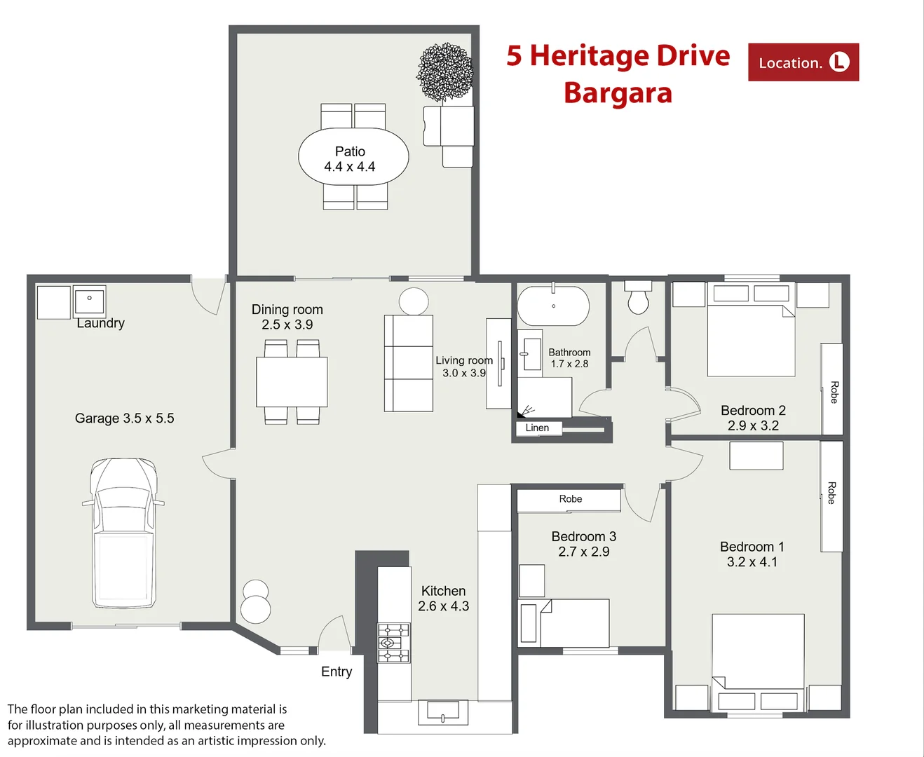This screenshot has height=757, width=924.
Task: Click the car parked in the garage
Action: [x=123, y=533]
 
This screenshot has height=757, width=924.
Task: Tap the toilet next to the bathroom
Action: [x=638, y=297]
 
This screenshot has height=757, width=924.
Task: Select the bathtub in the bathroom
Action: [x=553, y=306]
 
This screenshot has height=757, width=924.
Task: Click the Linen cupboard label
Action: [x=537, y=428]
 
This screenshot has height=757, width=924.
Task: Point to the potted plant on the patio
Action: [x=445, y=72]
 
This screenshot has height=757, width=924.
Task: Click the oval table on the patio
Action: [x=353, y=156]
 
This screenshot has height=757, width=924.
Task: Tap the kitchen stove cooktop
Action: [x=393, y=643]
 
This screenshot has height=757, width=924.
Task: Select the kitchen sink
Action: [x=443, y=712]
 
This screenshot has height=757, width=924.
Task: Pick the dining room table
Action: [x=292, y=382]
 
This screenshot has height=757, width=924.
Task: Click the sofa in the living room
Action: [x=408, y=363]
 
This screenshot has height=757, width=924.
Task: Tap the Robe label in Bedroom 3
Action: [x=571, y=498]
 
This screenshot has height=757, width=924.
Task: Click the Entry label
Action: [x=337, y=671]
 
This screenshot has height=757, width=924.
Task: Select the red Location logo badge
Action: [x=803, y=62]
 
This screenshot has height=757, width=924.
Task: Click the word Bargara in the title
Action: [x=618, y=93]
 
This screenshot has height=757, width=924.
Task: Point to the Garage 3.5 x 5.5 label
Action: [x=124, y=418]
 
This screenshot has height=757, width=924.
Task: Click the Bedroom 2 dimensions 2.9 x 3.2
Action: [x=753, y=425]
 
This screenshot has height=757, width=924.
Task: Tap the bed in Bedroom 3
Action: [x=564, y=623]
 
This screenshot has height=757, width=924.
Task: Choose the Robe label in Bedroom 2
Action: [x=834, y=392]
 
